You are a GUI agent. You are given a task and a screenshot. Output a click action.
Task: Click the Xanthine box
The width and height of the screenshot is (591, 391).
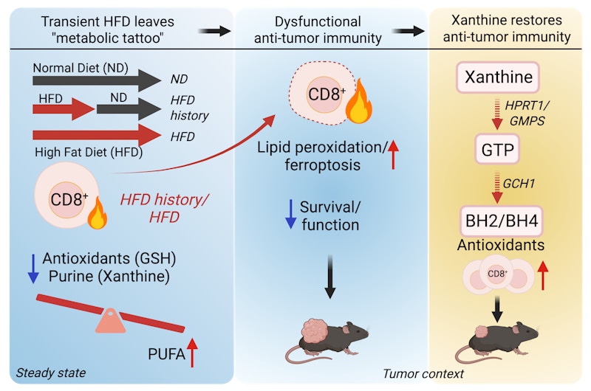tap(498, 77)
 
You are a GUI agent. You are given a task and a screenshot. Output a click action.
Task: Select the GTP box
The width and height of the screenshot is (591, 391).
tap(497, 149)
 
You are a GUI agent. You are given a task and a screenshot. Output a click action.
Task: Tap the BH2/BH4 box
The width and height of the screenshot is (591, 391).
tap(502, 221)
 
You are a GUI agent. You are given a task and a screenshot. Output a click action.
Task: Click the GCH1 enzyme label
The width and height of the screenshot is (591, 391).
tap(519, 184)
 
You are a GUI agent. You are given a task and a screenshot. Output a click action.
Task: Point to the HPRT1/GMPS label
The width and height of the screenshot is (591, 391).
tap(527, 113)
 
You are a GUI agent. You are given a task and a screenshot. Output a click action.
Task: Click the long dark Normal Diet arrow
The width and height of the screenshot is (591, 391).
tap(97, 80)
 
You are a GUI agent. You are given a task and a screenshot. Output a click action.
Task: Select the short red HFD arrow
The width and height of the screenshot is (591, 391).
tap(64, 109)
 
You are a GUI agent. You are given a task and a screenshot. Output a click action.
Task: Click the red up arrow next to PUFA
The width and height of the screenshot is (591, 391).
tap(192, 353)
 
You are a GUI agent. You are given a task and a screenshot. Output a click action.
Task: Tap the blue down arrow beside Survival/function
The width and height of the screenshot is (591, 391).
tap(290, 214)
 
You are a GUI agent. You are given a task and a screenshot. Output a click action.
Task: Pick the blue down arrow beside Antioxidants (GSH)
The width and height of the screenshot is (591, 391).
tap(33, 269)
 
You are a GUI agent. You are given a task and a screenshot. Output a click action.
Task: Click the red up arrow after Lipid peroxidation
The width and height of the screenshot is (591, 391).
tap(393, 155)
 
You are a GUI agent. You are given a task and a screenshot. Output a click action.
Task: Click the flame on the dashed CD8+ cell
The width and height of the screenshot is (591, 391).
tap(359, 102)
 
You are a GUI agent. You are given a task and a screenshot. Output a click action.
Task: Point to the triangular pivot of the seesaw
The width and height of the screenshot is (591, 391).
tap(110, 321)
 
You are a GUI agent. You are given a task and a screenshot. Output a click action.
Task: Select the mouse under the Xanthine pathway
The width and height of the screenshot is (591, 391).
tap(496, 342)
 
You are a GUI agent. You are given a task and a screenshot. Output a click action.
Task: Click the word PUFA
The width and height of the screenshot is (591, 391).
tap(167, 354)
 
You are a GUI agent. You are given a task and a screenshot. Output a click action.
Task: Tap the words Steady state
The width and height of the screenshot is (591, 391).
tap(51, 373)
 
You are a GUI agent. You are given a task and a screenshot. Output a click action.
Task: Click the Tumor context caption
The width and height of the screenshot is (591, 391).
tap(423, 374)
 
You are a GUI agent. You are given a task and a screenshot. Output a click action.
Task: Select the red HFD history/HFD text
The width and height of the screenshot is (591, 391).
tap(164, 209)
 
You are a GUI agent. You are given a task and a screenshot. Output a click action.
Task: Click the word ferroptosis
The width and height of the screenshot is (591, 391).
tap(323, 165)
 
